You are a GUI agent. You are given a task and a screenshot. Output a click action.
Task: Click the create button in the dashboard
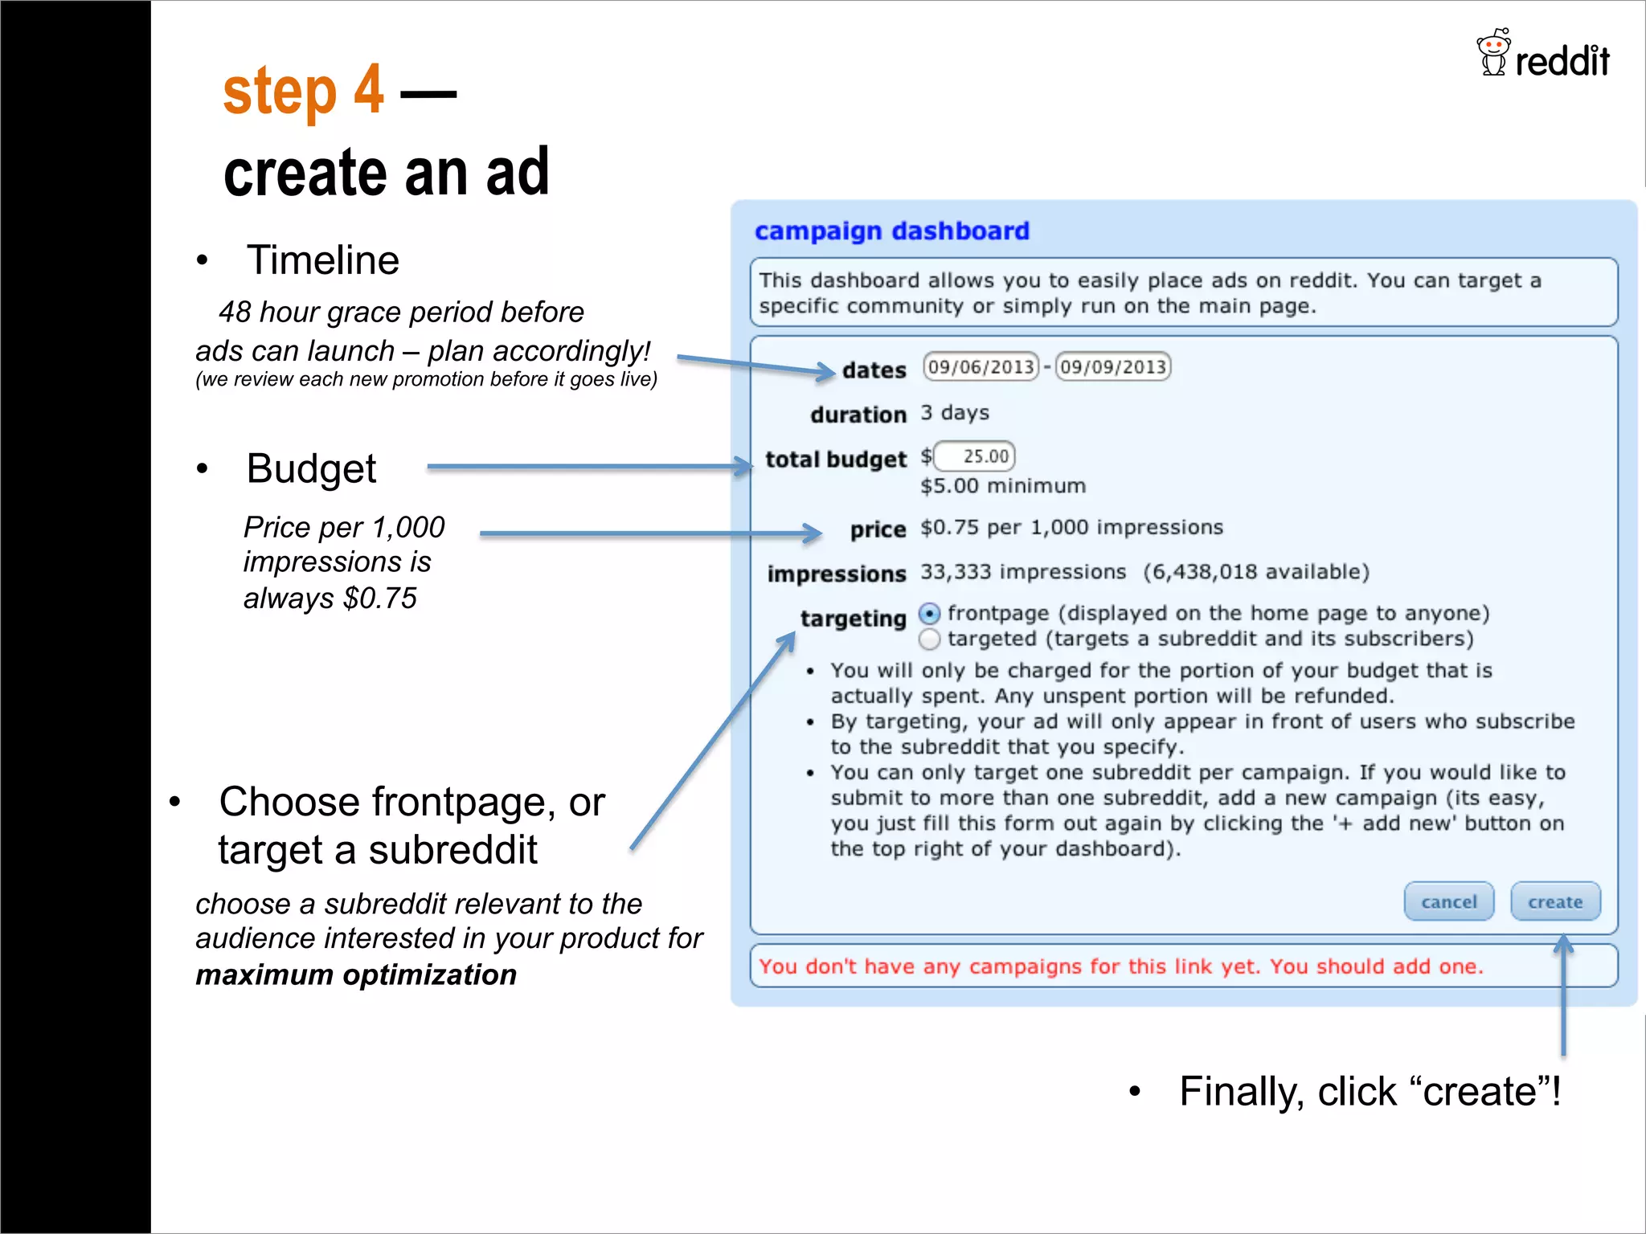tap(1554, 901)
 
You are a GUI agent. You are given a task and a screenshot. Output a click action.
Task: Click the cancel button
tap(1448, 901)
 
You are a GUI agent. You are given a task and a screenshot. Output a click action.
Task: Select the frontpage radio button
tap(929, 615)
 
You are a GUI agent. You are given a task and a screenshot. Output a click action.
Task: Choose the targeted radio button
tap(929, 639)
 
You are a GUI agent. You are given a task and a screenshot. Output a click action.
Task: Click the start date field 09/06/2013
tap(981, 367)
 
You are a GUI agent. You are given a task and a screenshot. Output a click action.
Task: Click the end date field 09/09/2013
tap(1112, 367)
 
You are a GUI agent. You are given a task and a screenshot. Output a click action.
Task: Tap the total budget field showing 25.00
tap(975, 456)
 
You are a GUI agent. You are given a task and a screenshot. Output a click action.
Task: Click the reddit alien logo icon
tap(1493, 53)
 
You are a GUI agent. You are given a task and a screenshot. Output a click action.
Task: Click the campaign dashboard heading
tap(891, 231)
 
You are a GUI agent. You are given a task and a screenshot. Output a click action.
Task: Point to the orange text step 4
tap(303, 91)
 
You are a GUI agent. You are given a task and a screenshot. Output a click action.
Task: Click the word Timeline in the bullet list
tap(322, 260)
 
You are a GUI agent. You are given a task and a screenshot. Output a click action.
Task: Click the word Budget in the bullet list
tap(311, 468)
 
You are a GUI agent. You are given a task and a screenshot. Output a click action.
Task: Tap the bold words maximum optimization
tap(356, 975)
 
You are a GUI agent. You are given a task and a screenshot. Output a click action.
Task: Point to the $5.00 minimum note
tap(1002, 486)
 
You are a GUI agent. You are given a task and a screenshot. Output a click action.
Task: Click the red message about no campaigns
tap(1120, 966)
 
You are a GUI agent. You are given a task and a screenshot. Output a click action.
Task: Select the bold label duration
tap(858, 415)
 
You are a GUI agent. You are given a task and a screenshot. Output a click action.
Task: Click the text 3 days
tap(954, 413)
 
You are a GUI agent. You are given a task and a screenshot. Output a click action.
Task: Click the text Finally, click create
tap(1369, 1092)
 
